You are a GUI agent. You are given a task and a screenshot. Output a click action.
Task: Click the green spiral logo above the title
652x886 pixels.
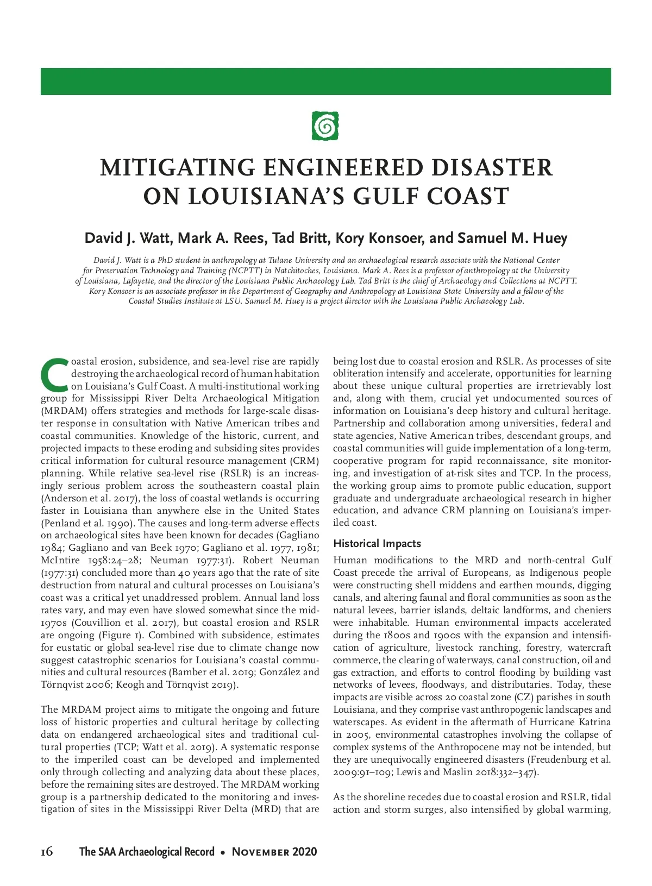(x=325, y=125)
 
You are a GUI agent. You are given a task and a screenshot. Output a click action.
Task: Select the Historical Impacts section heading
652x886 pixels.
(x=377, y=544)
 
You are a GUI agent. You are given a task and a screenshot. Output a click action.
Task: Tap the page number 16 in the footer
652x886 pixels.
(x=47, y=851)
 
